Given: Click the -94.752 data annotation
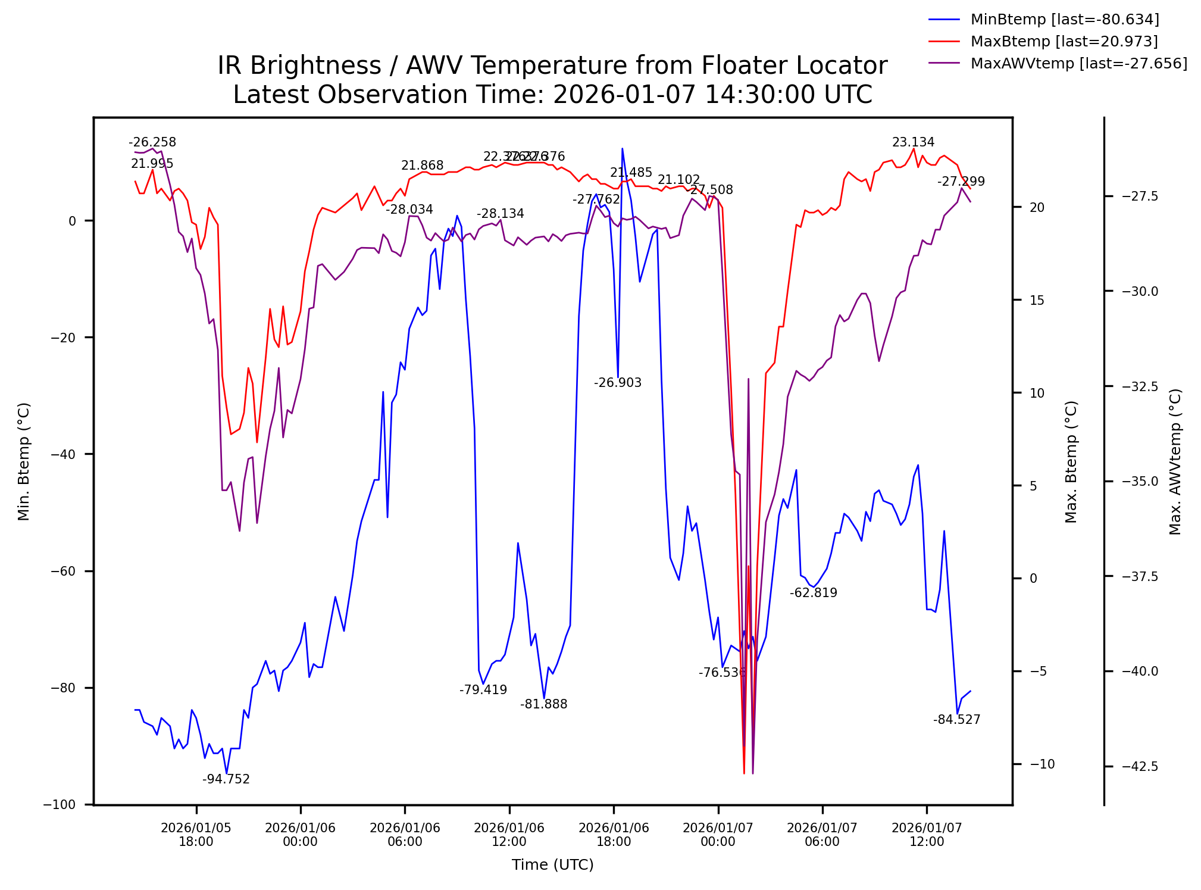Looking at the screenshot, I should [x=226, y=780].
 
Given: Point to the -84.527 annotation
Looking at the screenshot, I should [x=956, y=720].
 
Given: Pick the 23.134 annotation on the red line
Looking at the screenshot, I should [x=913, y=143].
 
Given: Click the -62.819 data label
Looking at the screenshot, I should [x=813, y=593].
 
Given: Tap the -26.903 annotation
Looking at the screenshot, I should [x=618, y=383].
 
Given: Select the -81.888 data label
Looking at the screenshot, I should [x=543, y=705].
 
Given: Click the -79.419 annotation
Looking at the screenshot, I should [x=483, y=691].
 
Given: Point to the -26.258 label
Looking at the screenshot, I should [x=152, y=143].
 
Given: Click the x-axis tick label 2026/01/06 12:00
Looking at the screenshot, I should [x=509, y=835].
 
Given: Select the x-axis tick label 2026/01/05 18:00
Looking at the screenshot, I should [x=196, y=835].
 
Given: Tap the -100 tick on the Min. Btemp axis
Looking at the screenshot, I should [x=60, y=805].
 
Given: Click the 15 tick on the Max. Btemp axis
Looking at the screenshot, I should [x=1037, y=301].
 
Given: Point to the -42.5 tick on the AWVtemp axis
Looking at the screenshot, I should [x=1140, y=767].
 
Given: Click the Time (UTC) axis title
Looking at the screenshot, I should [x=552, y=865].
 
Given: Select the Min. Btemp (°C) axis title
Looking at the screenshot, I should [x=24, y=462].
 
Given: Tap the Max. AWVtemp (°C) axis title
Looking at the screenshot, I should [x=1175, y=462].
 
